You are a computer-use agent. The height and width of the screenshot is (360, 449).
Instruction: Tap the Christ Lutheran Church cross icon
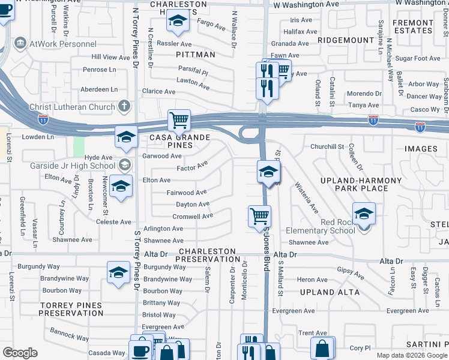point(125,107)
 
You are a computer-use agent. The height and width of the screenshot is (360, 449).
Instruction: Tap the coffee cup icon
point(141,351)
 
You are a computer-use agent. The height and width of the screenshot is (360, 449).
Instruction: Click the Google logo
point(20,353)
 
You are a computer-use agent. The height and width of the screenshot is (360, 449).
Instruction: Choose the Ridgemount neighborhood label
point(346,40)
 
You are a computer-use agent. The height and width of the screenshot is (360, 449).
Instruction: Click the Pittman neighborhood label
point(196,55)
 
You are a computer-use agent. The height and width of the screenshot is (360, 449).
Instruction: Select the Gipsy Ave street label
point(351,273)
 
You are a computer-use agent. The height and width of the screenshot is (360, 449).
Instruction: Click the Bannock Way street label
point(70,332)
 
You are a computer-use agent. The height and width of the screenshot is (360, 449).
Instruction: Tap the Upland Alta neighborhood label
point(330,292)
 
